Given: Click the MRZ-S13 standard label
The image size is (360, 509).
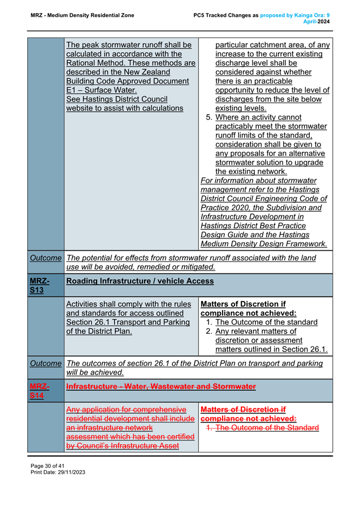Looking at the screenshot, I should click(x=40, y=285).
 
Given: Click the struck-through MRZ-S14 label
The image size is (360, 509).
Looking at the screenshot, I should click(x=40, y=391).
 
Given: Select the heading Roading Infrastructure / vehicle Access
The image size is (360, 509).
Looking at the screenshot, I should click(x=140, y=281).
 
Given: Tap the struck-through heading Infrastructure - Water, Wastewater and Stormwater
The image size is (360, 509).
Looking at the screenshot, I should click(x=161, y=386).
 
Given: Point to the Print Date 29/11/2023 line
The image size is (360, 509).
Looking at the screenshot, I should click(x=58, y=472).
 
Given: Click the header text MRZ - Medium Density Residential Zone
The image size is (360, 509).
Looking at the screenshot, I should click(x=83, y=15).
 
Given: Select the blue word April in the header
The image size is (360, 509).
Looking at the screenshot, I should click(x=310, y=21).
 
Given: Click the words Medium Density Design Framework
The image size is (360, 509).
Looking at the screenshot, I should click(x=264, y=243).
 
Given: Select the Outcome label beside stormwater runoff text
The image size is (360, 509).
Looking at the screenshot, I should click(x=46, y=258).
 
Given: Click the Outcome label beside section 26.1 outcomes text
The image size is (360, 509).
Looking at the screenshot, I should click(x=46, y=363).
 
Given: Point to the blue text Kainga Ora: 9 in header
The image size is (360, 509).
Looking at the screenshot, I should click(x=312, y=15).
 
